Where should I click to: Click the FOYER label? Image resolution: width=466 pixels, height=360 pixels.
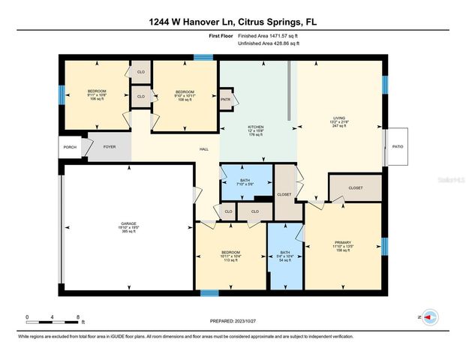tap(110, 148)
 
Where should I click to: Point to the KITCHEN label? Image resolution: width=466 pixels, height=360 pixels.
tap(257, 130)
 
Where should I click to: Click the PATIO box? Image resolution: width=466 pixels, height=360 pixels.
tap(397, 147)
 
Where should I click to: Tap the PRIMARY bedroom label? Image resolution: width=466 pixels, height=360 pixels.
tap(343, 246)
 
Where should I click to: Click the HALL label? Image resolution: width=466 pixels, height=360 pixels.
tap(203, 150)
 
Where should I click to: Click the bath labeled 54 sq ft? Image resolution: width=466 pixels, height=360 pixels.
tap(284, 255)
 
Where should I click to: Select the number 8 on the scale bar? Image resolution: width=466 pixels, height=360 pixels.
tap(77, 317)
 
